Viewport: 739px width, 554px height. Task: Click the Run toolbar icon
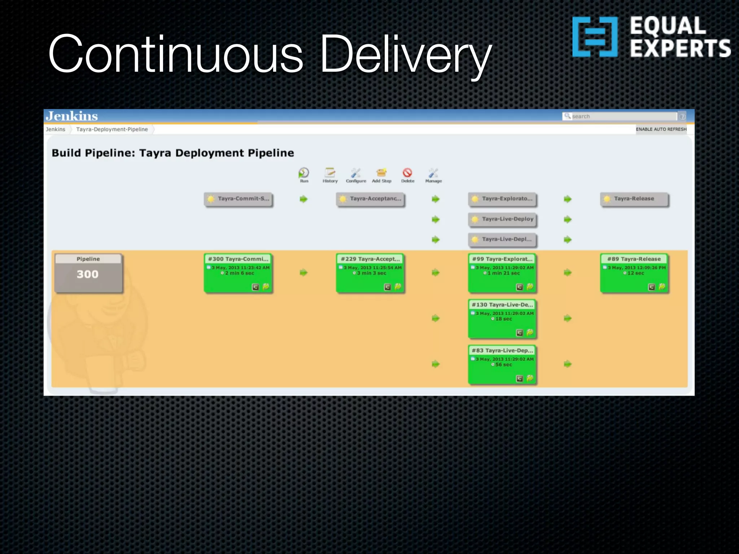304,173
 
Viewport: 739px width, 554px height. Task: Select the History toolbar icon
330,173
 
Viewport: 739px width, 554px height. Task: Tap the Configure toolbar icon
356,173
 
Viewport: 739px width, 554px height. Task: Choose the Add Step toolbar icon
381,173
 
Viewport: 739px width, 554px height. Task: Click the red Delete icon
407,173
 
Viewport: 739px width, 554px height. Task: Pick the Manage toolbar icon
433,173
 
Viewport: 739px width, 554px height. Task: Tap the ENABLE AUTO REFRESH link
661,129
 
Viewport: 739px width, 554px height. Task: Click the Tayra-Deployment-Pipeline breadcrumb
112,129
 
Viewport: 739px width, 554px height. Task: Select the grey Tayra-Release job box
634,199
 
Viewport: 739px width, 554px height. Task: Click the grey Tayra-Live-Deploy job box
502,219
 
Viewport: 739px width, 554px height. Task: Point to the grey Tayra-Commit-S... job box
238,199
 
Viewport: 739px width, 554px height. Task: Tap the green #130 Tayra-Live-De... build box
502,319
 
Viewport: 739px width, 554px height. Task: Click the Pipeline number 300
88,274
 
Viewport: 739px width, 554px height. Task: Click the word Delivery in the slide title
406,54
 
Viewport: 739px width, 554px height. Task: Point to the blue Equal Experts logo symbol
595,37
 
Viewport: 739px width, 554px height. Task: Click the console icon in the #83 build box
520,378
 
